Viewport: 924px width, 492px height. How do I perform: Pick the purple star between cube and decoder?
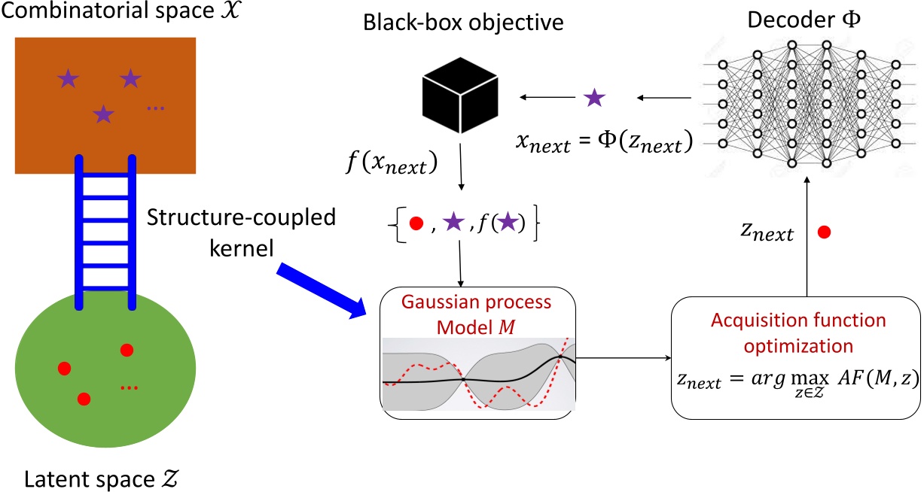[x=595, y=96]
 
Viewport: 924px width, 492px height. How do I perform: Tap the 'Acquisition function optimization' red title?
[x=797, y=332]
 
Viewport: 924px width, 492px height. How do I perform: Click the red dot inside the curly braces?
[x=413, y=223]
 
